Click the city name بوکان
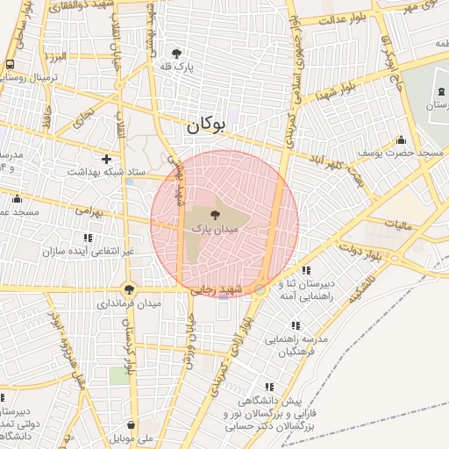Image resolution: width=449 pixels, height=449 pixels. [x=206, y=125]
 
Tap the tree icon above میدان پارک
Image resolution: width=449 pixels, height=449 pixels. [x=215, y=213]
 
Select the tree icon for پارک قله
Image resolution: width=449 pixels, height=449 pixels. [x=177, y=53]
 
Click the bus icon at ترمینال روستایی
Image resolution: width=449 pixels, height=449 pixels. [x=10, y=65]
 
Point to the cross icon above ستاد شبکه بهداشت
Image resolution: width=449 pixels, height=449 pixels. [x=106, y=159]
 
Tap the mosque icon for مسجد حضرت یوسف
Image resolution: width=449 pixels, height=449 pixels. [x=402, y=140]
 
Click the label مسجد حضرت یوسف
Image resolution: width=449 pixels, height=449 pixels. [x=394, y=153]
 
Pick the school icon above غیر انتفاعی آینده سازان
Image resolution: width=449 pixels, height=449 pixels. [x=88, y=238]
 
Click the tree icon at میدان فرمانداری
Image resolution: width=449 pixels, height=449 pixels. [x=129, y=289]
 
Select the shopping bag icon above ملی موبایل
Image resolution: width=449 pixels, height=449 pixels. [x=130, y=426]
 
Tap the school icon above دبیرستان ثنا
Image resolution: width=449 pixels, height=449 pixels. [x=306, y=271]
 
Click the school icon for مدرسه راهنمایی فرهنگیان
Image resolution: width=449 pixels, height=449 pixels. [x=295, y=325]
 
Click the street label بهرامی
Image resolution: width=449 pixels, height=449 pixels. [x=89, y=210]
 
